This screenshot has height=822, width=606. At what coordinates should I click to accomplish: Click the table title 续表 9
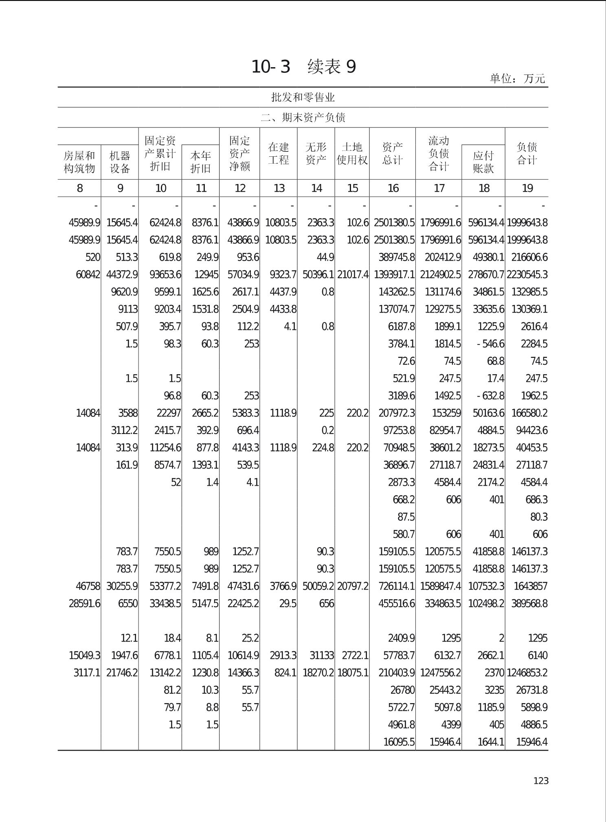pos(332,66)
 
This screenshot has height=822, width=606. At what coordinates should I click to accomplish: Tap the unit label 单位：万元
pos(517,78)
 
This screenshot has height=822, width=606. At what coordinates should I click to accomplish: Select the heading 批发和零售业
pos(303,97)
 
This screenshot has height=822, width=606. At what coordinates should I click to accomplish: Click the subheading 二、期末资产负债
pos(303,118)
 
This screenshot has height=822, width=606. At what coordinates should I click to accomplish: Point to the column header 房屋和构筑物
pos(79,162)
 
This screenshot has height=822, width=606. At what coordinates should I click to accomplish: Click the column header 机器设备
pos(120,162)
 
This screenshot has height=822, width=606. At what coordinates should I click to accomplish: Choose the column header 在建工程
pos(279,153)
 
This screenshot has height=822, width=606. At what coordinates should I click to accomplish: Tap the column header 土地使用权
pos(352,153)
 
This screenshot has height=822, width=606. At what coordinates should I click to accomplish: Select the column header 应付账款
pos(483,162)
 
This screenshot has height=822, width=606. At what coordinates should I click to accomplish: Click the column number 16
pos(393,188)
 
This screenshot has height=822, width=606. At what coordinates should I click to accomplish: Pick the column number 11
pos(201,188)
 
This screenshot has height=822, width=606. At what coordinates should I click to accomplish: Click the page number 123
pos(541,780)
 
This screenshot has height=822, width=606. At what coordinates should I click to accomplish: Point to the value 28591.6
pos(84,603)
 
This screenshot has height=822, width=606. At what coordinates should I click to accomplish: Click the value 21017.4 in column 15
pos(353,275)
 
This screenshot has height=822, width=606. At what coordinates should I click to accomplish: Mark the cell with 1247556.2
pos(440,673)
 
